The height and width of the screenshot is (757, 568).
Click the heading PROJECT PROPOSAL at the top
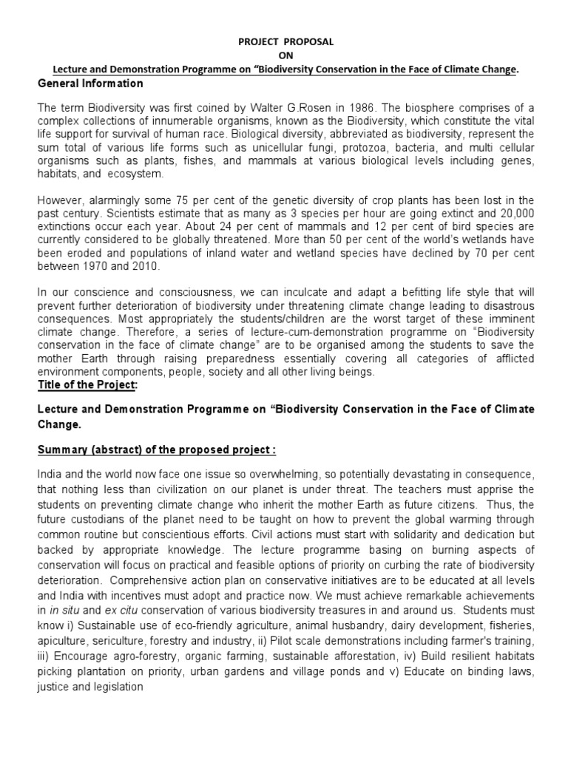[x=285, y=41]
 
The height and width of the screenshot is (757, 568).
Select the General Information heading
[x=90, y=84]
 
